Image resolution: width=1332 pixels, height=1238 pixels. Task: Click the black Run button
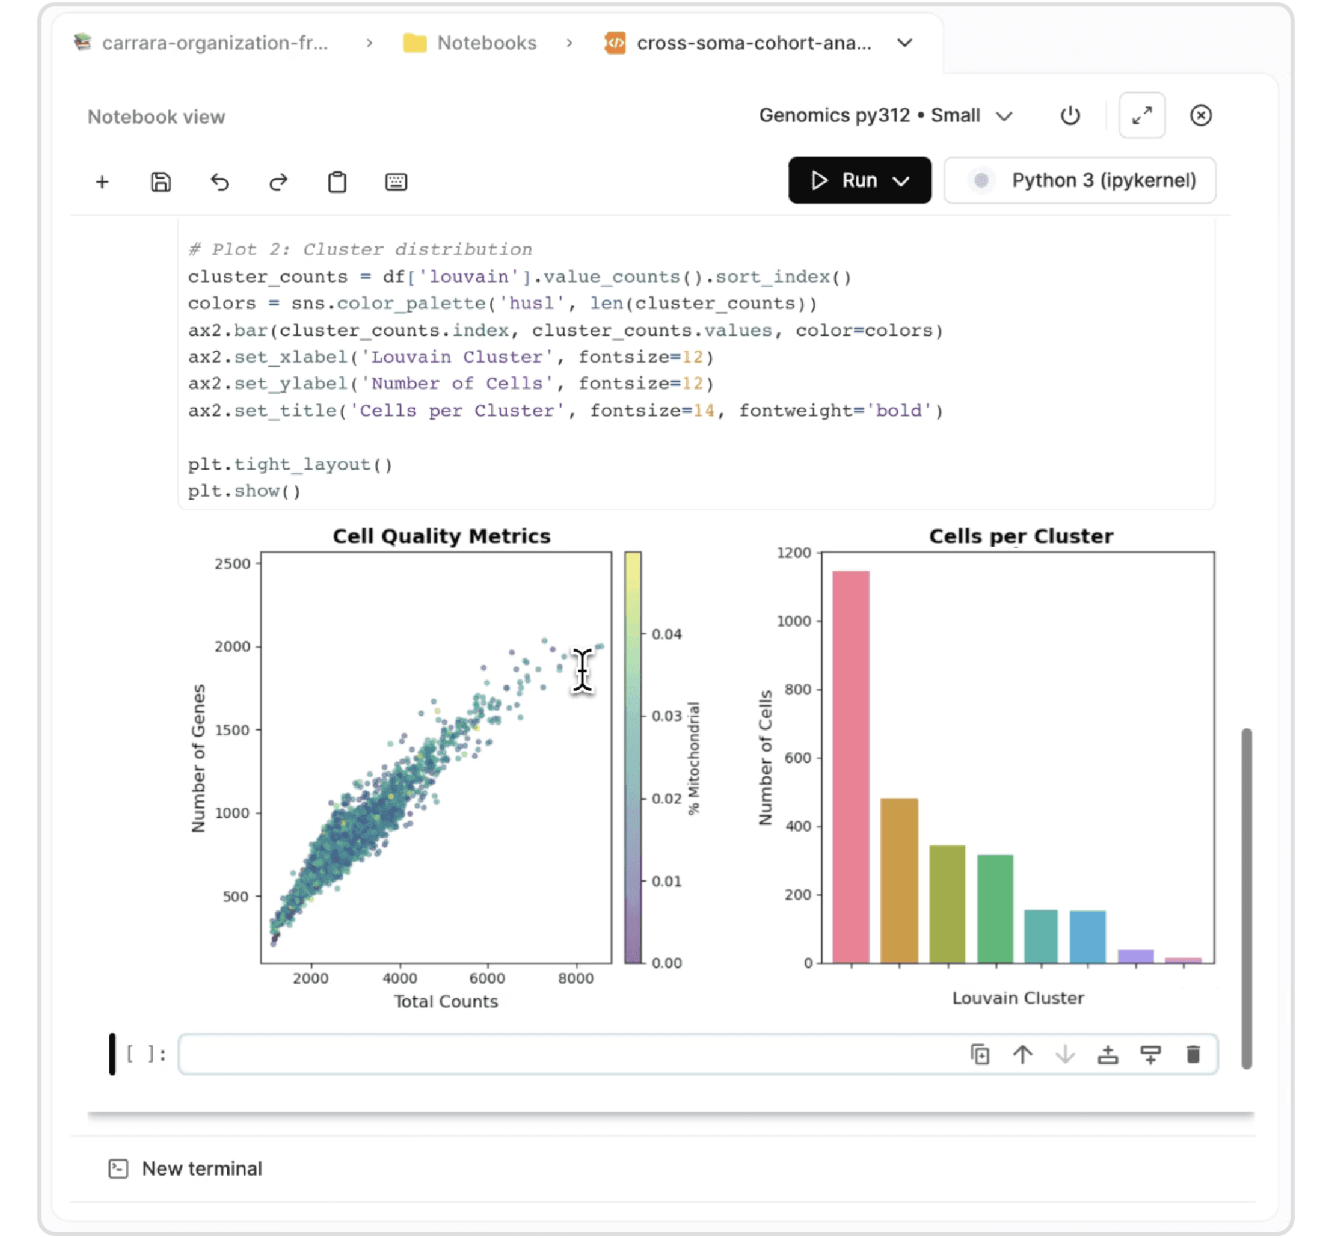click(858, 181)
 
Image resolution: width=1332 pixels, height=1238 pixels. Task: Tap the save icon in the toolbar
click(161, 182)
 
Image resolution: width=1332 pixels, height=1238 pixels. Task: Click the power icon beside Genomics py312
click(1070, 116)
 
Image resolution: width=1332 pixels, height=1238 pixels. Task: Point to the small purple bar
click(1136, 956)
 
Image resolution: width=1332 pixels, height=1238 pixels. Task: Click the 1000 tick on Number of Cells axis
click(794, 621)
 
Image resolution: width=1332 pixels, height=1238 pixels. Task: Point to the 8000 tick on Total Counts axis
click(575, 978)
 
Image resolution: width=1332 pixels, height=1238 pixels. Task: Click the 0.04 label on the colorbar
click(667, 635)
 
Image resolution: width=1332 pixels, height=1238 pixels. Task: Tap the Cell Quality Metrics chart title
click(442, 536)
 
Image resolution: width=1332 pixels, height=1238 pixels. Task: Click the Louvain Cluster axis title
click(1018, 998)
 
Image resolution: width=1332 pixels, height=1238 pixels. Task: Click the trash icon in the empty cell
click(1193, 1054)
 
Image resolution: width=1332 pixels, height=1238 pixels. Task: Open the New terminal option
click(202, 1169)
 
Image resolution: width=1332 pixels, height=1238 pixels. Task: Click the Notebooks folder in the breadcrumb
click(486, 43)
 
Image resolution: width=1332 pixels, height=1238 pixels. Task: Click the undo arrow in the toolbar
click(220, 182)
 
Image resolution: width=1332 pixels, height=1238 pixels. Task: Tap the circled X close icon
click(1200, 116)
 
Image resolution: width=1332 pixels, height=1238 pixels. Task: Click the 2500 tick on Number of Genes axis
click(232, 564)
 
